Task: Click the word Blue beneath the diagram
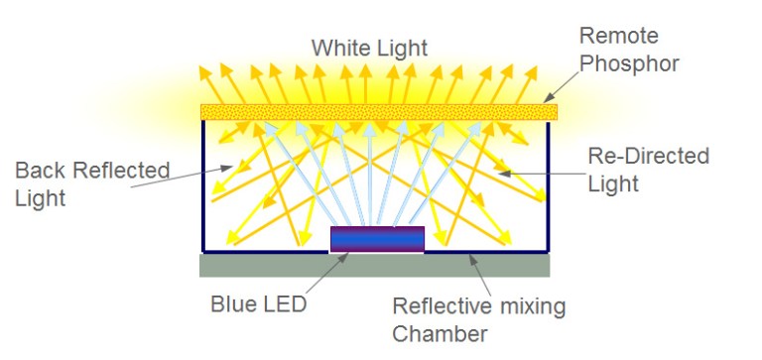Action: coord(233,303)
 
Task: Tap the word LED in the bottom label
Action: coord(286,303)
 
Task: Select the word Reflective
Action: coord(441,305)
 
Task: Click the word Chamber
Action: coord(441,333)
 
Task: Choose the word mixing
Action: coord(530,305)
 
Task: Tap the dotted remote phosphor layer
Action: coord(378,111)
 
